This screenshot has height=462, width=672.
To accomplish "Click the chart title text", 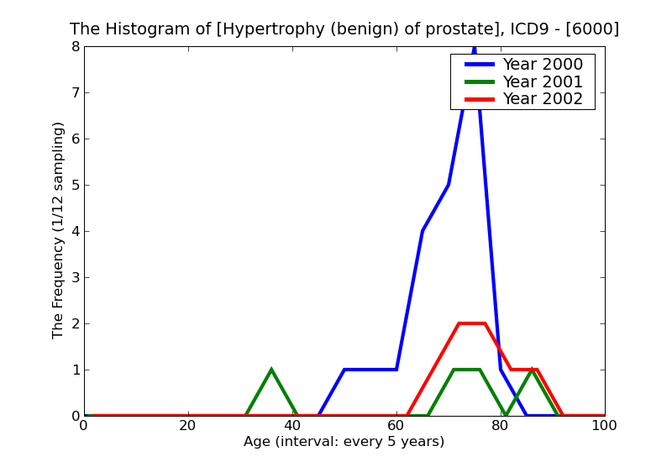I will (x=344, y=29).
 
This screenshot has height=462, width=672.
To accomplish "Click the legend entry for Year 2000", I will (x=542, y=65).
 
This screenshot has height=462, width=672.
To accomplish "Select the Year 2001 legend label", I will (x=542, y=81).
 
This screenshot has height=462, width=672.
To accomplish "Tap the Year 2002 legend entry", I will (x=542, y=99).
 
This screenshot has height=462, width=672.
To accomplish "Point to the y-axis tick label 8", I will (x=75, y=46).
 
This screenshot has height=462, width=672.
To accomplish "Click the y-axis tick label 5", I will (x=75, y=185).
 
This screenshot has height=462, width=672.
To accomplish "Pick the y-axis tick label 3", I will (x=75, y=277).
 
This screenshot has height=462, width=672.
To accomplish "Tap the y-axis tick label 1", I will (x=75, y=370).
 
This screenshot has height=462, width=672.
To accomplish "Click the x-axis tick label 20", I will (x=188, y=426).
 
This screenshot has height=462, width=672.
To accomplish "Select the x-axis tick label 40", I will (x=292, y=426).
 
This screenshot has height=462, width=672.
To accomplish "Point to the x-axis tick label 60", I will (x=396, y=426).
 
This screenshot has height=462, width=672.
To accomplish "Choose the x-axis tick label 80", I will (x=501, y=426).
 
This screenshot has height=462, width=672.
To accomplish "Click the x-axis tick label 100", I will (x=604, y=426).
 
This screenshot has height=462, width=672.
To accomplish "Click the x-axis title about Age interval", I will (x=344, y=442).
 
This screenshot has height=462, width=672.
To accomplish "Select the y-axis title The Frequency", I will (x=58, y=230).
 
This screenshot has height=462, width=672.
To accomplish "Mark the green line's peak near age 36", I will (x=271, y=370).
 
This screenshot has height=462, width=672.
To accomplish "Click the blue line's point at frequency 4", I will (x=423, y=231).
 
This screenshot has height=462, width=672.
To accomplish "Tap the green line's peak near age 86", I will (x=532, y=370).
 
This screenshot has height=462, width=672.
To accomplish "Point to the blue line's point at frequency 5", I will (x=449, y=185).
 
